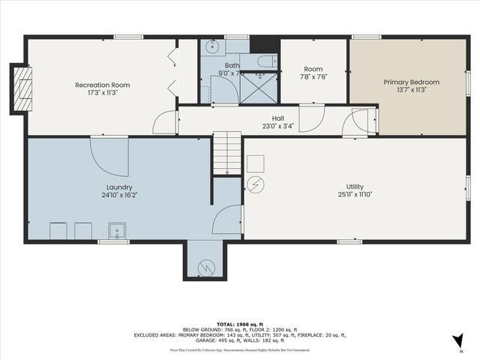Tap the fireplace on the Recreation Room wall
pyautogui.click(x=22, y=88)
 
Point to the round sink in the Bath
pyautogui.click(x=210, y=46)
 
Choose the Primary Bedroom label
pyautogui.click(x=411, y=82)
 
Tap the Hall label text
pyautogui.click(x=278, y=118)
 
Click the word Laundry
pyautogui.click(x=119, y=187)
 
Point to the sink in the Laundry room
pyautogui.click(x=116, y=230)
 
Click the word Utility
pyautogui.click(x=355, y=187)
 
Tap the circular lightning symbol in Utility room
pyautogui.click(x=256, y=184)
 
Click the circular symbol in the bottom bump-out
pyautogui.click(x=205, y=266)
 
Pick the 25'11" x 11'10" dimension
pyautogui.click(x=355, y=194)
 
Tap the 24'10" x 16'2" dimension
pyautogui.click(x=119, y=195)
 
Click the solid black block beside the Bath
pyautogui.click(x=259, y=44)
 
